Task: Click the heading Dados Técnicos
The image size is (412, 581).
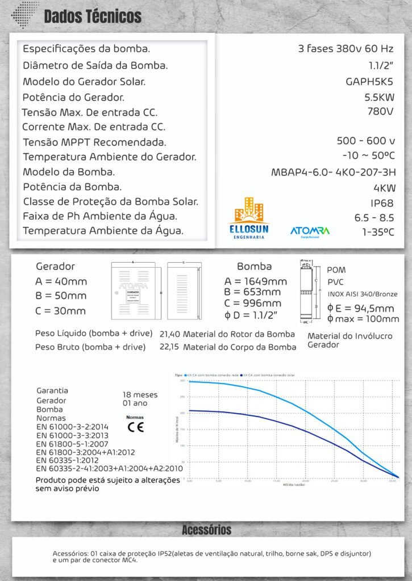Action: point(93,16)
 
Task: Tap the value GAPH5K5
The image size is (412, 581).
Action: point(369,81)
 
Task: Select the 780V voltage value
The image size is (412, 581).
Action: point(380,111)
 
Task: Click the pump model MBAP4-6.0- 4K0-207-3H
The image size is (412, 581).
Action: point(334,172)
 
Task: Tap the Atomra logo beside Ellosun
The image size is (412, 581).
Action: point(310,231)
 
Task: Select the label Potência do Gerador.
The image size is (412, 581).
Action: point(73,97)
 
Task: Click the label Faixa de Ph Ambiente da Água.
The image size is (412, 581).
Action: point(100,216)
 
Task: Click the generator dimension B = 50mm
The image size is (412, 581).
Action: point(61,296)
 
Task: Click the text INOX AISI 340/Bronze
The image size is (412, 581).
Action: point(363,294)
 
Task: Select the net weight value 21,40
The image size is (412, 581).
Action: point(170,334)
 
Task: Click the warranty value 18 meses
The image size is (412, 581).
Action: point(140,394)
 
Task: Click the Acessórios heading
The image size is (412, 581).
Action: point(206,530)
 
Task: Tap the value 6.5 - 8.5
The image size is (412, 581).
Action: point(374,217)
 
